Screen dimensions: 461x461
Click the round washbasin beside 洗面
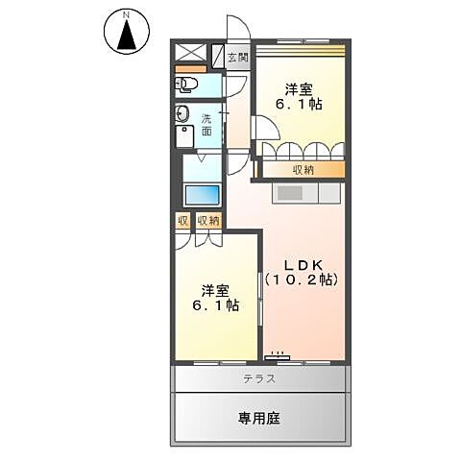coord(182,115)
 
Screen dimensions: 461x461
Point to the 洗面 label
coord(206,125)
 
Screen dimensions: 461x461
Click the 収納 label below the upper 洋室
coord(303,170)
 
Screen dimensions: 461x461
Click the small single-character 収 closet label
coord(182,220)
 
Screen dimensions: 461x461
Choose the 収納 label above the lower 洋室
coord(207,220)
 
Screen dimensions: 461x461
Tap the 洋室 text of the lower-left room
coord(214,290)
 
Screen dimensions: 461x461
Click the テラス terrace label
coord(259,378)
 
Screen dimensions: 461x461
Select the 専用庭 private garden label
coord(259,418)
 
